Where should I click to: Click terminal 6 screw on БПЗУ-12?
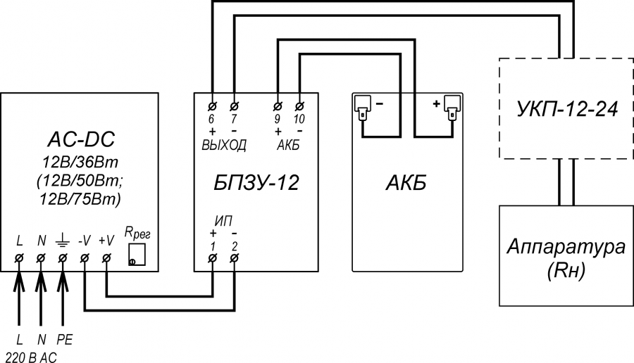coord(212,106)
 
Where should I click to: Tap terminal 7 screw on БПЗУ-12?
coord(234,106)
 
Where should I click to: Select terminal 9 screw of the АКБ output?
coord(278,106)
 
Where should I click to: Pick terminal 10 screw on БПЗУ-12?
coord(299,106)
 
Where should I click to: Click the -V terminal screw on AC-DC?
coord(85,258)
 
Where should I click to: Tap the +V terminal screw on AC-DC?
coord(106,258)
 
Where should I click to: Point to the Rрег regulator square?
coord(137,255)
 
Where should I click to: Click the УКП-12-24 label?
coord(567,108)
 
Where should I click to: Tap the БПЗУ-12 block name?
coord(256,182)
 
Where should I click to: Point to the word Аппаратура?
coord(566,246)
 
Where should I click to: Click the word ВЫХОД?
coord(224,145)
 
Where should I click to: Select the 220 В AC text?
coord(31,357)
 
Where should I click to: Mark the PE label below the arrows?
coord(64,340)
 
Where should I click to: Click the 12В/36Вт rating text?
coord(80,163)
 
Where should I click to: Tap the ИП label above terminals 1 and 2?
coord(223,220)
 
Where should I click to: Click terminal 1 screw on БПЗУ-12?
coord(212,258)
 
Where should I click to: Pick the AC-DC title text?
coord(81,139)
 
